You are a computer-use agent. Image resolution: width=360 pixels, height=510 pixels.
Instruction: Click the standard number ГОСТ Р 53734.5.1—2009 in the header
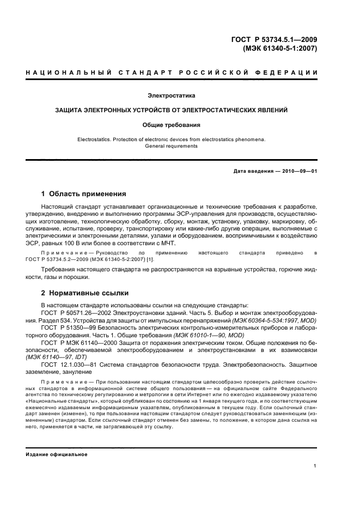coord(274,39)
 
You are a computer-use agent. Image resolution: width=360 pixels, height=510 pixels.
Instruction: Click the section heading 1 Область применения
coord(84,193)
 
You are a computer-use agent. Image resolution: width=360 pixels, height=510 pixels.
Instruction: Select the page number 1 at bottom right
coord(315,465)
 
